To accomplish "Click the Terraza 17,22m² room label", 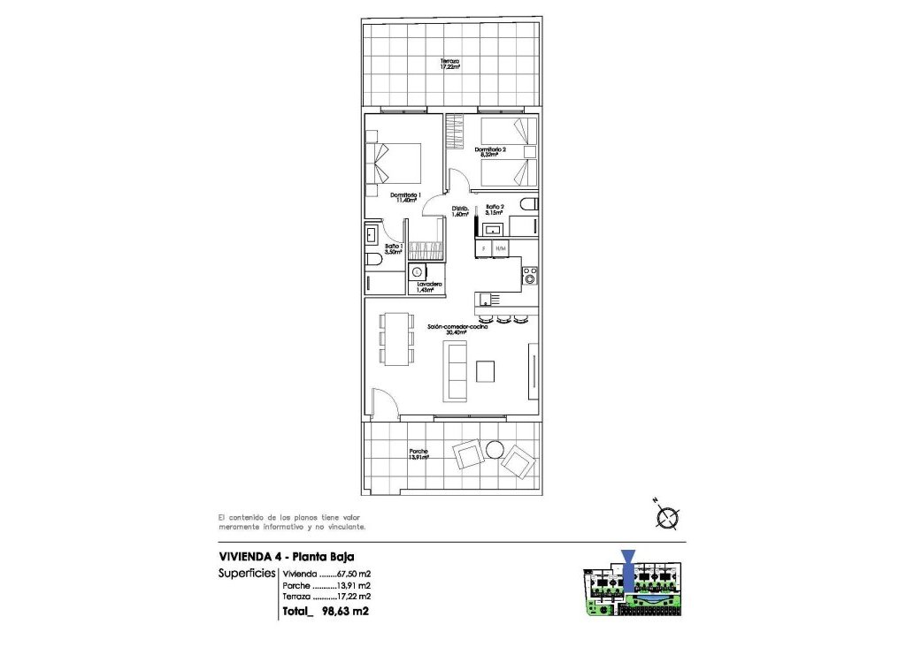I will (x=452, y=64).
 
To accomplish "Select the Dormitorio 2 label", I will (x=492, y=152).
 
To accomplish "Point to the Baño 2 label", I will (x=495, y=209).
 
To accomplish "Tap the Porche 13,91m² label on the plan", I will (x=418, y=454).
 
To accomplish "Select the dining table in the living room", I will (x=396, y=339).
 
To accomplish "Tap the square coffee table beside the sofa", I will (x=486, y=371).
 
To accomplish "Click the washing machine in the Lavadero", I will (x=418, y=273).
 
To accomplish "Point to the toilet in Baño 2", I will (x=528, y=206).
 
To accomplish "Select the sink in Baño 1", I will (x=370, y=236).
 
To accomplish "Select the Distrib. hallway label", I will (x=459, y=211).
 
